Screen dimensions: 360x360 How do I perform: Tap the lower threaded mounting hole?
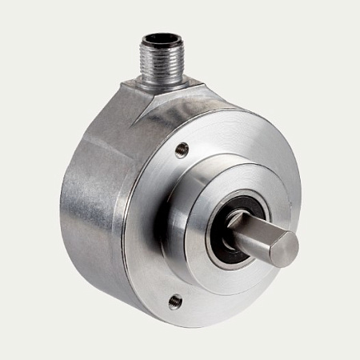(x=175, y=301)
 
